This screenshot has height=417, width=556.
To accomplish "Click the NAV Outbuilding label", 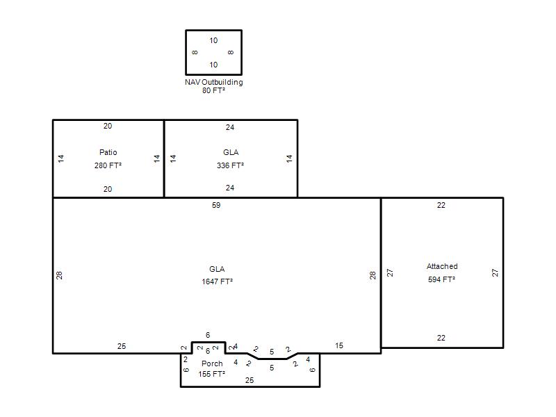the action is click(214, 82).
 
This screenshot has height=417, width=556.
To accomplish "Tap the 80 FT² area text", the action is click(214, 90).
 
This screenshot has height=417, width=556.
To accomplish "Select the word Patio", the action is click(108, 152).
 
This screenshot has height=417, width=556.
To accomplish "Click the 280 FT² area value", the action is click(108, 165).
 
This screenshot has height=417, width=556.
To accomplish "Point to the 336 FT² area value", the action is click(231, 165).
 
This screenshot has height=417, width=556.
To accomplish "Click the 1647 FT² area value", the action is click(218, 281).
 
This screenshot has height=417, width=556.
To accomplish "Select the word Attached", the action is click(442, 266).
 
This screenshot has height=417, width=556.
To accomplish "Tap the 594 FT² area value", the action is click(441, 279).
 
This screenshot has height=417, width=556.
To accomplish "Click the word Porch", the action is click(212, 363).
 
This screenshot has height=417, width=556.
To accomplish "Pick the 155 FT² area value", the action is click(212, 374).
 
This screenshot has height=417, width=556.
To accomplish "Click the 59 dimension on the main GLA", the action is click(216, 205).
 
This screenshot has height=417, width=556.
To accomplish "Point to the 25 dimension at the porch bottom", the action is click(250, 380).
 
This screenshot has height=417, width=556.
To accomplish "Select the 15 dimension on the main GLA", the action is click(339, 345).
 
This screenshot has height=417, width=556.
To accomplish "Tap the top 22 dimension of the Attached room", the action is click(441, 205).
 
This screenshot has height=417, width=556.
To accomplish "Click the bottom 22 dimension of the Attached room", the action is click(441, 338).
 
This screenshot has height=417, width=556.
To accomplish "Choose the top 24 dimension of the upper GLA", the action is click(230, 127).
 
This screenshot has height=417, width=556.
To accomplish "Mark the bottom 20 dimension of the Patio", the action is click(108, 189).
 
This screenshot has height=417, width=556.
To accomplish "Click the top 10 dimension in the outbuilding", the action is click(213, 40).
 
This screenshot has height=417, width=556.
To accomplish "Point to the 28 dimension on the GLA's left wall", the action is click(59, 275).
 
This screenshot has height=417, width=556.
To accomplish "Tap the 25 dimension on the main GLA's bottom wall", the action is click(122, 346).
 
